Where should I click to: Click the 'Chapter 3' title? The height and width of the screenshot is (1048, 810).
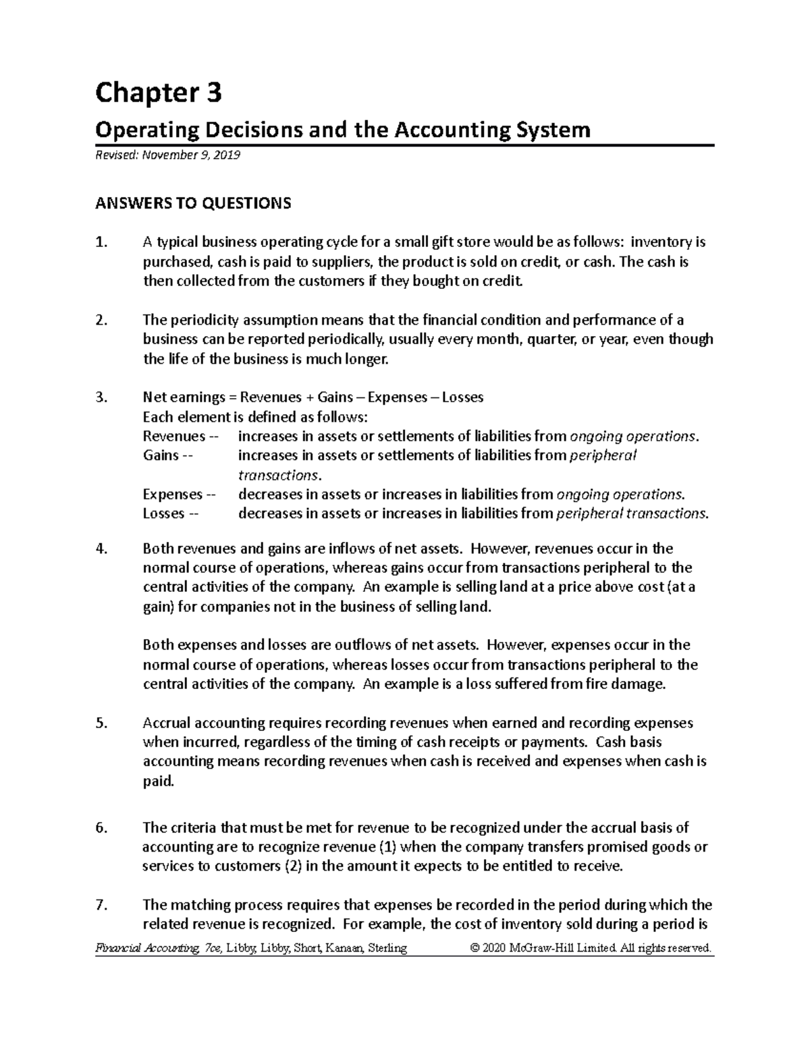coord(158,93)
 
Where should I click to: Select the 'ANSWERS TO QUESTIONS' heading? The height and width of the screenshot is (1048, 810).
coord(193,203)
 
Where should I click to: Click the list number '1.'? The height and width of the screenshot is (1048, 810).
coord(101,242)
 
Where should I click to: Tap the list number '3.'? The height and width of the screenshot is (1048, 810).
coord(101,397)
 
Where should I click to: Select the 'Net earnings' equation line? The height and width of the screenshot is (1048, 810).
coord(313,397)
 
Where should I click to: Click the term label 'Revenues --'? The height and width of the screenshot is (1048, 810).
coord(180,437)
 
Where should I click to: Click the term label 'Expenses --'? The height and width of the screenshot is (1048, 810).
coord(179,495)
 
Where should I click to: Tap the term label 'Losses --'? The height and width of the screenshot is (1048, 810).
coord(171,514)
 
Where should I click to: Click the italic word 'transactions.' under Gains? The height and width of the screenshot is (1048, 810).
coord(277,475)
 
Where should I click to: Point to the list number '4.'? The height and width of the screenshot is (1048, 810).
coord(101,549)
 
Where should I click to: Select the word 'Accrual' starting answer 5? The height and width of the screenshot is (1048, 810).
coord(167,723)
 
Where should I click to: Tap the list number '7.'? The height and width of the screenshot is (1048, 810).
coord(101,906)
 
